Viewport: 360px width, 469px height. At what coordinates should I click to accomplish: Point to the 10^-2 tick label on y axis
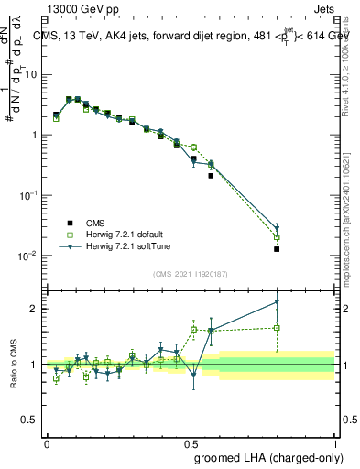coord(31,256)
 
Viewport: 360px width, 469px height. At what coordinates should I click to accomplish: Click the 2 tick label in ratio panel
coord(37,309)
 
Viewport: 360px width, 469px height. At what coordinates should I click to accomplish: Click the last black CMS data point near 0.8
coord(277,248)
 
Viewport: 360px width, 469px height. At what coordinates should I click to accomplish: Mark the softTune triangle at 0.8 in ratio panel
coord(277,302)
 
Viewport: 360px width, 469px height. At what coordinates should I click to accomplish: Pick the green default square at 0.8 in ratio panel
coord(277,327)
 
